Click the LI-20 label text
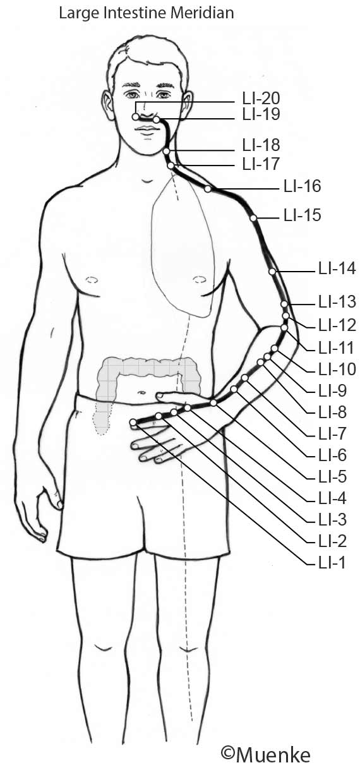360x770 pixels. (261, 99)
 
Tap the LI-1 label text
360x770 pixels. (332, 563)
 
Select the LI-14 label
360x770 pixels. (337, 268)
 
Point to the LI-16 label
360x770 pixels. (303, 186)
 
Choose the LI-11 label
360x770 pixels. (336, 348)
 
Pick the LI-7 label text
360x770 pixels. (332, 434)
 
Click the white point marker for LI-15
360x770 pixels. (253, 218)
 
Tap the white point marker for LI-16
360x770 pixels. (208, 189)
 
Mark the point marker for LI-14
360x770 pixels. (272, 272)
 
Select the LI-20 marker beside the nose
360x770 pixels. (135, 117)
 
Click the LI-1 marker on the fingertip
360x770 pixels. (133, 422)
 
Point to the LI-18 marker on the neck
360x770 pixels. (166, 152)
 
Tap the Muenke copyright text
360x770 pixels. (266, 755)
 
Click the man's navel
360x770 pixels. (141, 392)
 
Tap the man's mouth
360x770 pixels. (147, 129)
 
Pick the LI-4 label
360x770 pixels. (332, 498)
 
